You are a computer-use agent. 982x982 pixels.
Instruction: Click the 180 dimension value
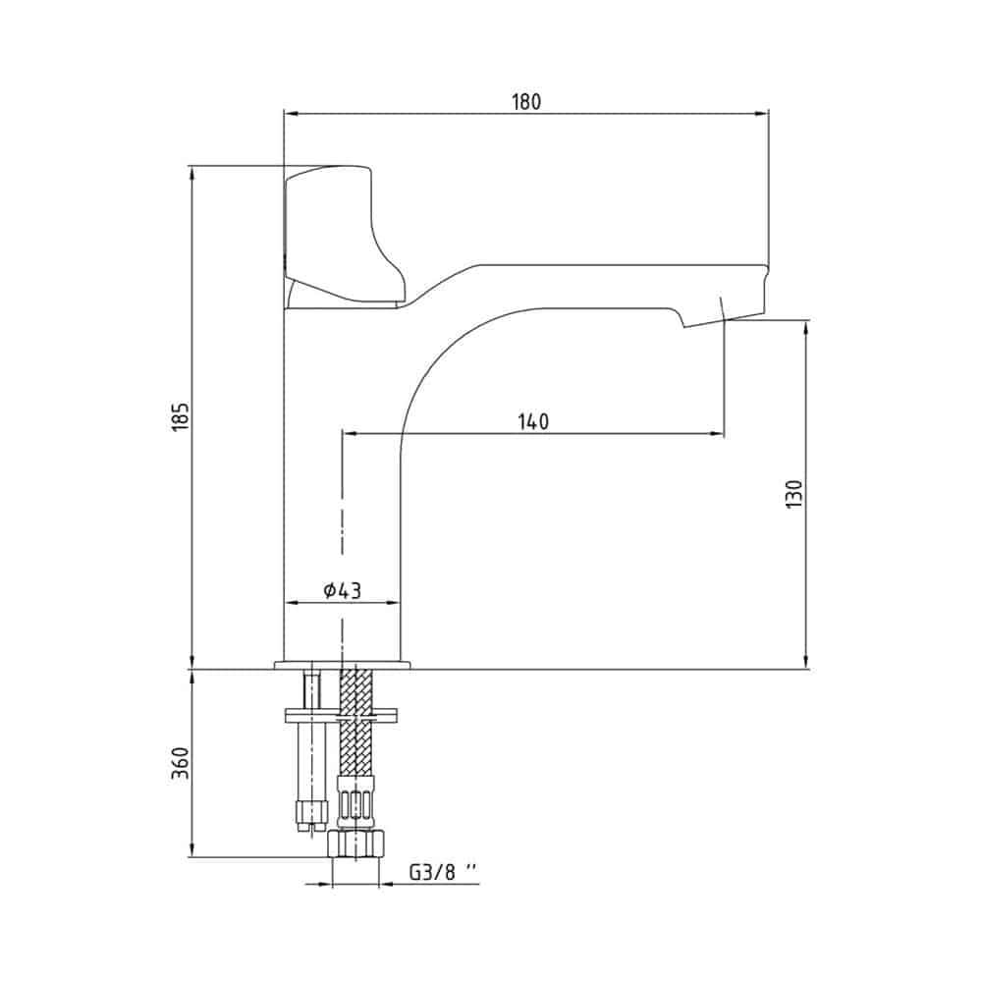click(526, 101)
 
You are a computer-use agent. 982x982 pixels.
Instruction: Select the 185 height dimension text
click(180, 415)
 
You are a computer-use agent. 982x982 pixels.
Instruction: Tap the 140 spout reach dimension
click(533, 422)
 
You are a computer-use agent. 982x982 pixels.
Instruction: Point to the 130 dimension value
click(793, 494)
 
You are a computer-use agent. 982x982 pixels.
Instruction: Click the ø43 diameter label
click(343, 590)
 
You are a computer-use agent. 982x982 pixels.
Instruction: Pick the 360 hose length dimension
click(181, 763)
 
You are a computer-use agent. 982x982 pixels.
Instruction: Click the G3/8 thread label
click(442, 872)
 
